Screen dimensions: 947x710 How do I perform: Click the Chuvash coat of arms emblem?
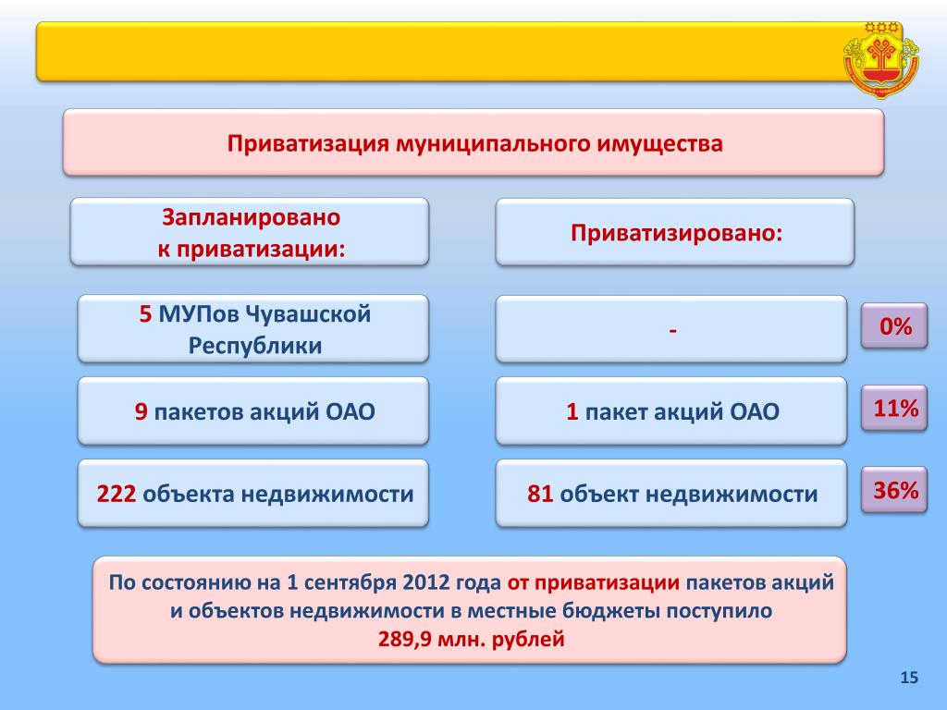881,59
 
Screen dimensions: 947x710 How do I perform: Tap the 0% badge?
894,326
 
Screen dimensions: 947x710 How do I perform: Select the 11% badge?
894,408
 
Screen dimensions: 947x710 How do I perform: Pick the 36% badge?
894,490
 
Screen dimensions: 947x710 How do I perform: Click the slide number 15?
909,678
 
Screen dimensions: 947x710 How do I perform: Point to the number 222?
116,494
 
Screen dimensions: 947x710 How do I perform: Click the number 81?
540,494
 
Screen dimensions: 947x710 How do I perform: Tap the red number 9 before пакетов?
141,411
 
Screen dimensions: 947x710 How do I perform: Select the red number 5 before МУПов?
145,314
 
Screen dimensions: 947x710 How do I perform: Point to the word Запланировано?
251,217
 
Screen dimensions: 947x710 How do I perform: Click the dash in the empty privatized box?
673,330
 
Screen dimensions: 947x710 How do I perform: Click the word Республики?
255,346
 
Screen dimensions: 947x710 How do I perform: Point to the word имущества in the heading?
659,143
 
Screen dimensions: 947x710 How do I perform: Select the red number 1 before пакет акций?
572,411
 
